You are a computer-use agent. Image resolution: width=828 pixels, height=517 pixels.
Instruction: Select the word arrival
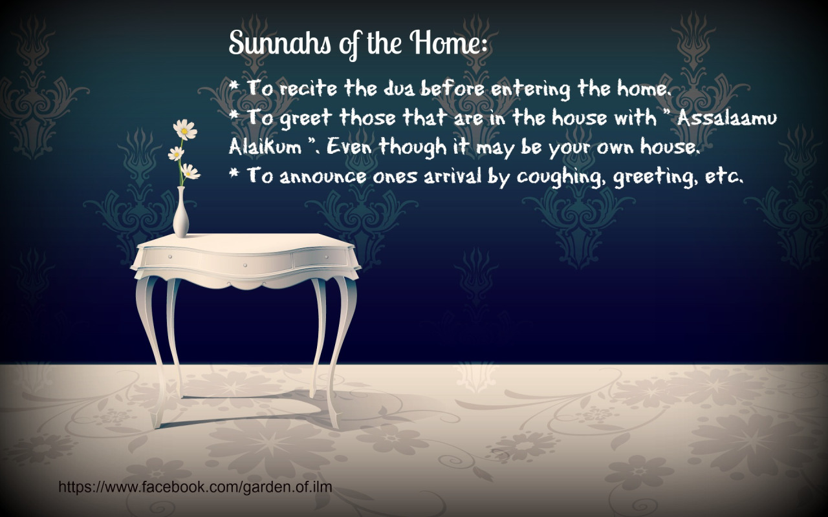(x=453, y=176)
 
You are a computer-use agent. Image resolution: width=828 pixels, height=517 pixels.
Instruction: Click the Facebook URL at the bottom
(x=195, y=487)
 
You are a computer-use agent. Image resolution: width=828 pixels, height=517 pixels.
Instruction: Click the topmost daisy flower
(x=185, y=129)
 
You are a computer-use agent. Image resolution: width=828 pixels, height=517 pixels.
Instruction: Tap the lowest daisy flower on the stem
(x=190, y=172)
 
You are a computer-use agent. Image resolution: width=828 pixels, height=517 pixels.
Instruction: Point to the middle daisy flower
(x=176, y=153)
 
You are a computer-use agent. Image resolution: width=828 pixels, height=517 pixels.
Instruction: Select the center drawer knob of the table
(x=245, y=265)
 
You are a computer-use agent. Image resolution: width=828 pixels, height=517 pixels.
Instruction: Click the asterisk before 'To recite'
(x=234, y=87)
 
